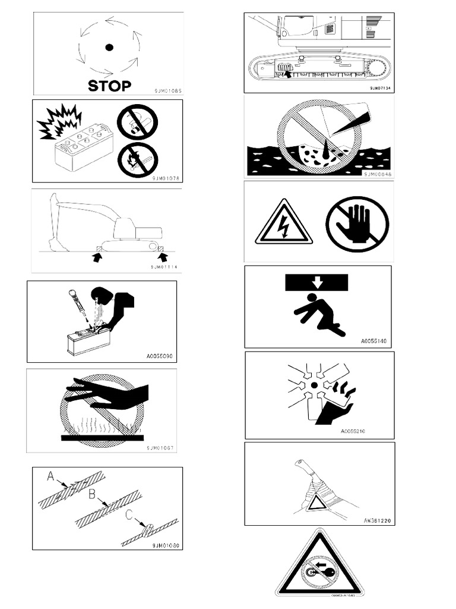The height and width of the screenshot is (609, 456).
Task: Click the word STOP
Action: click(x=109, y=85)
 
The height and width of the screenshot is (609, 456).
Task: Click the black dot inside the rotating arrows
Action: click(x=109, y=48)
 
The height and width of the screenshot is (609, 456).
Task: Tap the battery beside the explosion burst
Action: click(x=83, y=146)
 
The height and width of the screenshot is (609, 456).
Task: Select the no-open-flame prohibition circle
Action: click(x=138, y=159)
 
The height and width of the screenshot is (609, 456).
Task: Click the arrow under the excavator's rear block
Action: click(x=164, y=257)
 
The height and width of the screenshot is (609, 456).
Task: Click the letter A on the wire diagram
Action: click(x=51, y=476)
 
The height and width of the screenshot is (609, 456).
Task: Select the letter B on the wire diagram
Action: click(x=91, y=493)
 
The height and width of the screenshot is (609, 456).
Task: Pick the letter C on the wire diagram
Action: click(x=129, y=514)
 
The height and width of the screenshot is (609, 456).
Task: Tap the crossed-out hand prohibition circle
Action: click(x=357, y=225)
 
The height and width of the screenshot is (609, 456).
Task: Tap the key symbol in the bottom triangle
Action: click(x=321, y=573)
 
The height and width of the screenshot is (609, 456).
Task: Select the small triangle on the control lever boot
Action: click(x=316, y=503)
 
